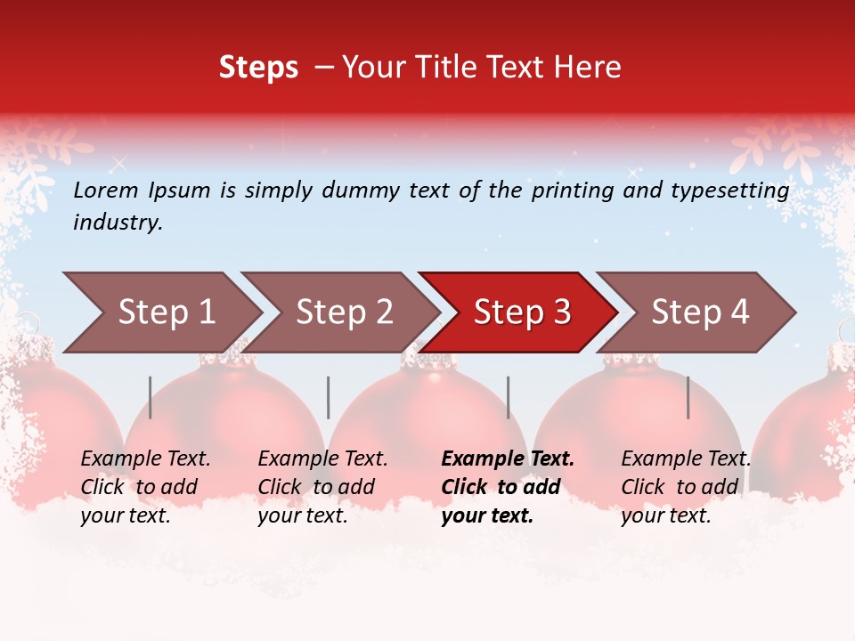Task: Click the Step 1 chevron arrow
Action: point(166,312)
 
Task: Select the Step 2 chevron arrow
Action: point(344,312)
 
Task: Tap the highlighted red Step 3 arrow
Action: point(522,312)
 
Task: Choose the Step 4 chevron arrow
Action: point(700,312)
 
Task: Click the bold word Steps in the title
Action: point(258,68)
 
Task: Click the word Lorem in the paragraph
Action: point(106,190)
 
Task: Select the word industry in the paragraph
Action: point(118,223)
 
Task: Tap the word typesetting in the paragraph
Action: point(729,191)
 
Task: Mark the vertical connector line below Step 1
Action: point(151,397)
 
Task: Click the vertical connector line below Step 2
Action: point(329,397)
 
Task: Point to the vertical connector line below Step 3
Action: point(509,397)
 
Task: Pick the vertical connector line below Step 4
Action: point(688,397)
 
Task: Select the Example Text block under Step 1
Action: point(145,487)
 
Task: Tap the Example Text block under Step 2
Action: point(322,487)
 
